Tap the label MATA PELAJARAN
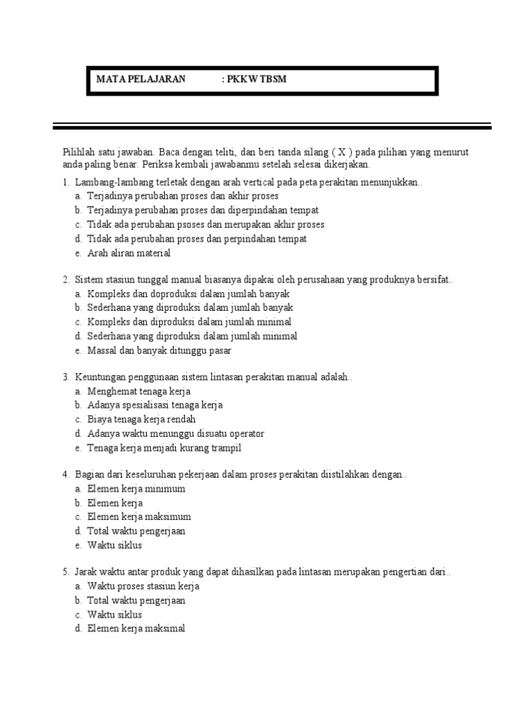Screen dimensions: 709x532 [x=141, y=80]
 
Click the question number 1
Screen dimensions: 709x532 [x=64, y=183]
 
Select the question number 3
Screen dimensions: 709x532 [x=64, y=377]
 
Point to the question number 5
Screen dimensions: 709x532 [x=64, y=573]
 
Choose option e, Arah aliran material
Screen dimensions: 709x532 [x=128, y=253]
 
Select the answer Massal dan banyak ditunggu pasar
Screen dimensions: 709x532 [x=159, y=350]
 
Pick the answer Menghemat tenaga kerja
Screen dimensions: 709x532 [x=139, y=391]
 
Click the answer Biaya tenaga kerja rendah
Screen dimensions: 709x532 [x=141, y=420]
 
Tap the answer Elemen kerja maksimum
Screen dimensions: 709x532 [x=139, y=517]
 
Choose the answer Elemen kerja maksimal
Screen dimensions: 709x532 [x=136, y=629]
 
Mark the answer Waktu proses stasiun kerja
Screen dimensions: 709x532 [x=143, y=586]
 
